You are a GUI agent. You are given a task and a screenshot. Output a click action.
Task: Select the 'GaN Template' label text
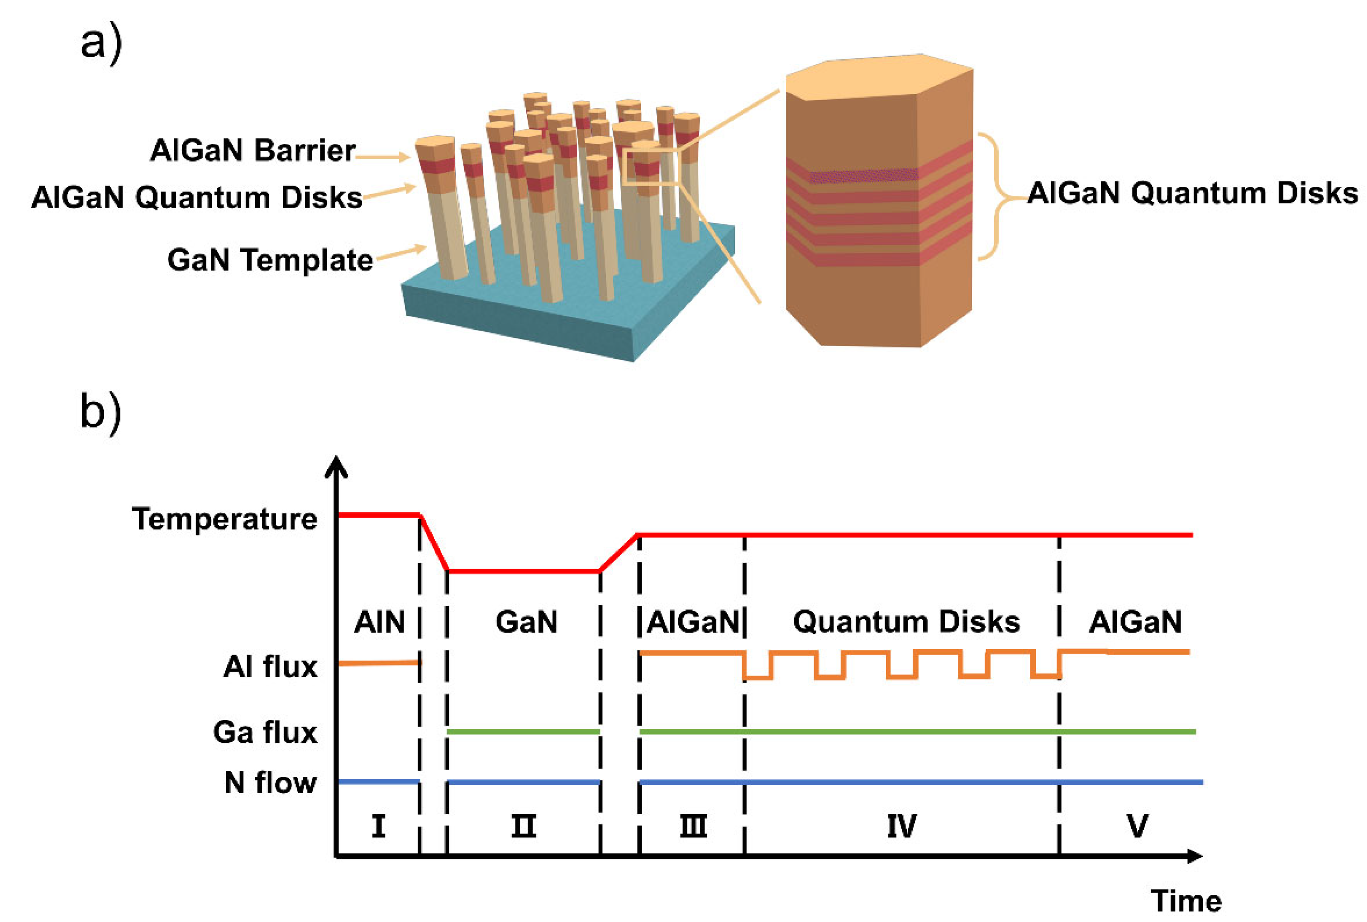tap(270, 260)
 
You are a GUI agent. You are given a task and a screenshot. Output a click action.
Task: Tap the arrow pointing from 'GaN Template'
tap(401, 253)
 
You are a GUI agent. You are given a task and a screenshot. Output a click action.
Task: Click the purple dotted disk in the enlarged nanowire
tap(862, 175)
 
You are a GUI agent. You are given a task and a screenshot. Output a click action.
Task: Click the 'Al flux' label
tap(270, 667)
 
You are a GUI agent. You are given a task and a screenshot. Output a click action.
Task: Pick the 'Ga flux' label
tap(265, 732)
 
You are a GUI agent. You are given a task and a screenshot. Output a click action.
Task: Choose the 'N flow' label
tap(271, 783)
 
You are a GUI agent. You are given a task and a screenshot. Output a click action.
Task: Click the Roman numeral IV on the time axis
tap(901, 826)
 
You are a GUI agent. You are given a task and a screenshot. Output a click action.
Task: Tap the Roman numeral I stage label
tap(378, 826)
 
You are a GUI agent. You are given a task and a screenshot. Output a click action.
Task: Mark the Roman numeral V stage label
tap(1137, 826)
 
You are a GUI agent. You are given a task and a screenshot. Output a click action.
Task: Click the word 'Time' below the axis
tap(1185, 901)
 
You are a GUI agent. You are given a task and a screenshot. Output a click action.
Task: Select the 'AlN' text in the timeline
tap(379, 622)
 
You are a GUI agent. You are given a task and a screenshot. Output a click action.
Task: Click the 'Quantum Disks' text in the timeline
tap(905, 622)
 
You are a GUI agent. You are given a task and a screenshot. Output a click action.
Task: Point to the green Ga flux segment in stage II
tap(523, 732)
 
